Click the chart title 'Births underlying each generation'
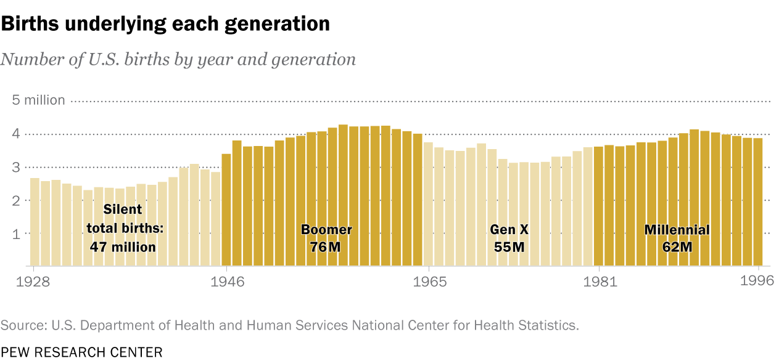tap(165, 24)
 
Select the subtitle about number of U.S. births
tap(178, 59)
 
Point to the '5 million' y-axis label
tap(38, 100)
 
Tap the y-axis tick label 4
tap(17, 134)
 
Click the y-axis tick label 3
tap(17, 168)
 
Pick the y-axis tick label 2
tap(17, 201)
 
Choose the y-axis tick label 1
tap(17, 234)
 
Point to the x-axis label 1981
tap(598, 282)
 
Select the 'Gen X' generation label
tap(509, 230)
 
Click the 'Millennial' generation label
tap(677, 230)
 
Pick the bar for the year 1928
tap(35, 222)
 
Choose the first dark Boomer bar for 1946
tap(226, 209)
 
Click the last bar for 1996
tap(758, 203)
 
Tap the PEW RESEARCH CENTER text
tap(81, 352)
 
